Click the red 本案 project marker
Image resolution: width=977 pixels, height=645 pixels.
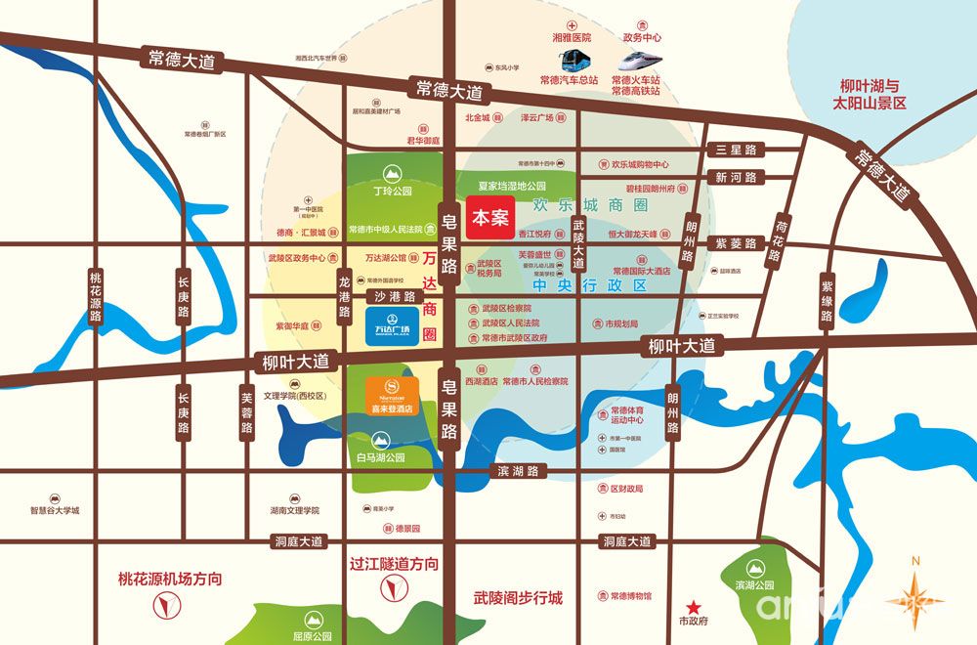pos(490,216)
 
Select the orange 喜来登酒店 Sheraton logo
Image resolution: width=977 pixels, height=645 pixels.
pos(392,396)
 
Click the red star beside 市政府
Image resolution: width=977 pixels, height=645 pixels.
pos(693,606)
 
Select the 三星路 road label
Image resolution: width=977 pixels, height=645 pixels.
pos(736,150)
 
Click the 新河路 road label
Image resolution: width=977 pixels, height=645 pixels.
pos(736,178)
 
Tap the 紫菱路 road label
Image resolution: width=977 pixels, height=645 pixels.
pos(736,242)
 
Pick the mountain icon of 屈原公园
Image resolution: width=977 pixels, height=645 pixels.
pos(315,619)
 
